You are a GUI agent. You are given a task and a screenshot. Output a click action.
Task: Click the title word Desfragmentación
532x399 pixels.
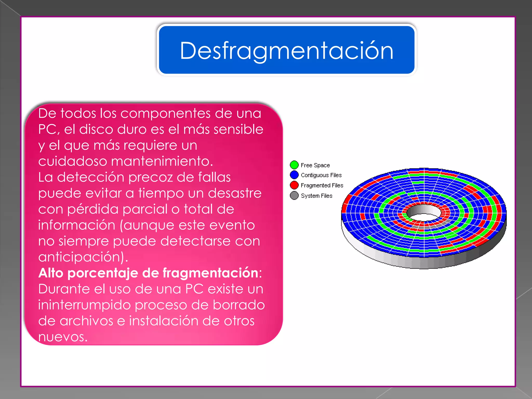pos(287,51)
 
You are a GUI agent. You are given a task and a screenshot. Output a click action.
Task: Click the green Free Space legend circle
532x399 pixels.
pos(294,165)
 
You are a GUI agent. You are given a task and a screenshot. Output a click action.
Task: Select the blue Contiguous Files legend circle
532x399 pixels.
pos(294,175)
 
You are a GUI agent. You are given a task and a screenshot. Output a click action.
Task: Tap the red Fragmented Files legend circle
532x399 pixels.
pos(294,185)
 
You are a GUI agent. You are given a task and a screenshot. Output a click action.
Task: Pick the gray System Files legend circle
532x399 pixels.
pos(294,196)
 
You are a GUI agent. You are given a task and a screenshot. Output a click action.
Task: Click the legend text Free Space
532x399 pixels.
pos(315,165)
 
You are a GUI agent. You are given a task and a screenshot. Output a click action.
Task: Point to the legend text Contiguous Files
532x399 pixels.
pos(321,175)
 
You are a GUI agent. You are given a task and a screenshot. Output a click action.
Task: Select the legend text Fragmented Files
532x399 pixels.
pos(322,185)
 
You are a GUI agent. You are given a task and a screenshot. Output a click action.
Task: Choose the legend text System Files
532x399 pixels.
pos(316,196)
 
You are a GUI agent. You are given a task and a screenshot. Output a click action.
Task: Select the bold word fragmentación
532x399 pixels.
pos(210,273)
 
